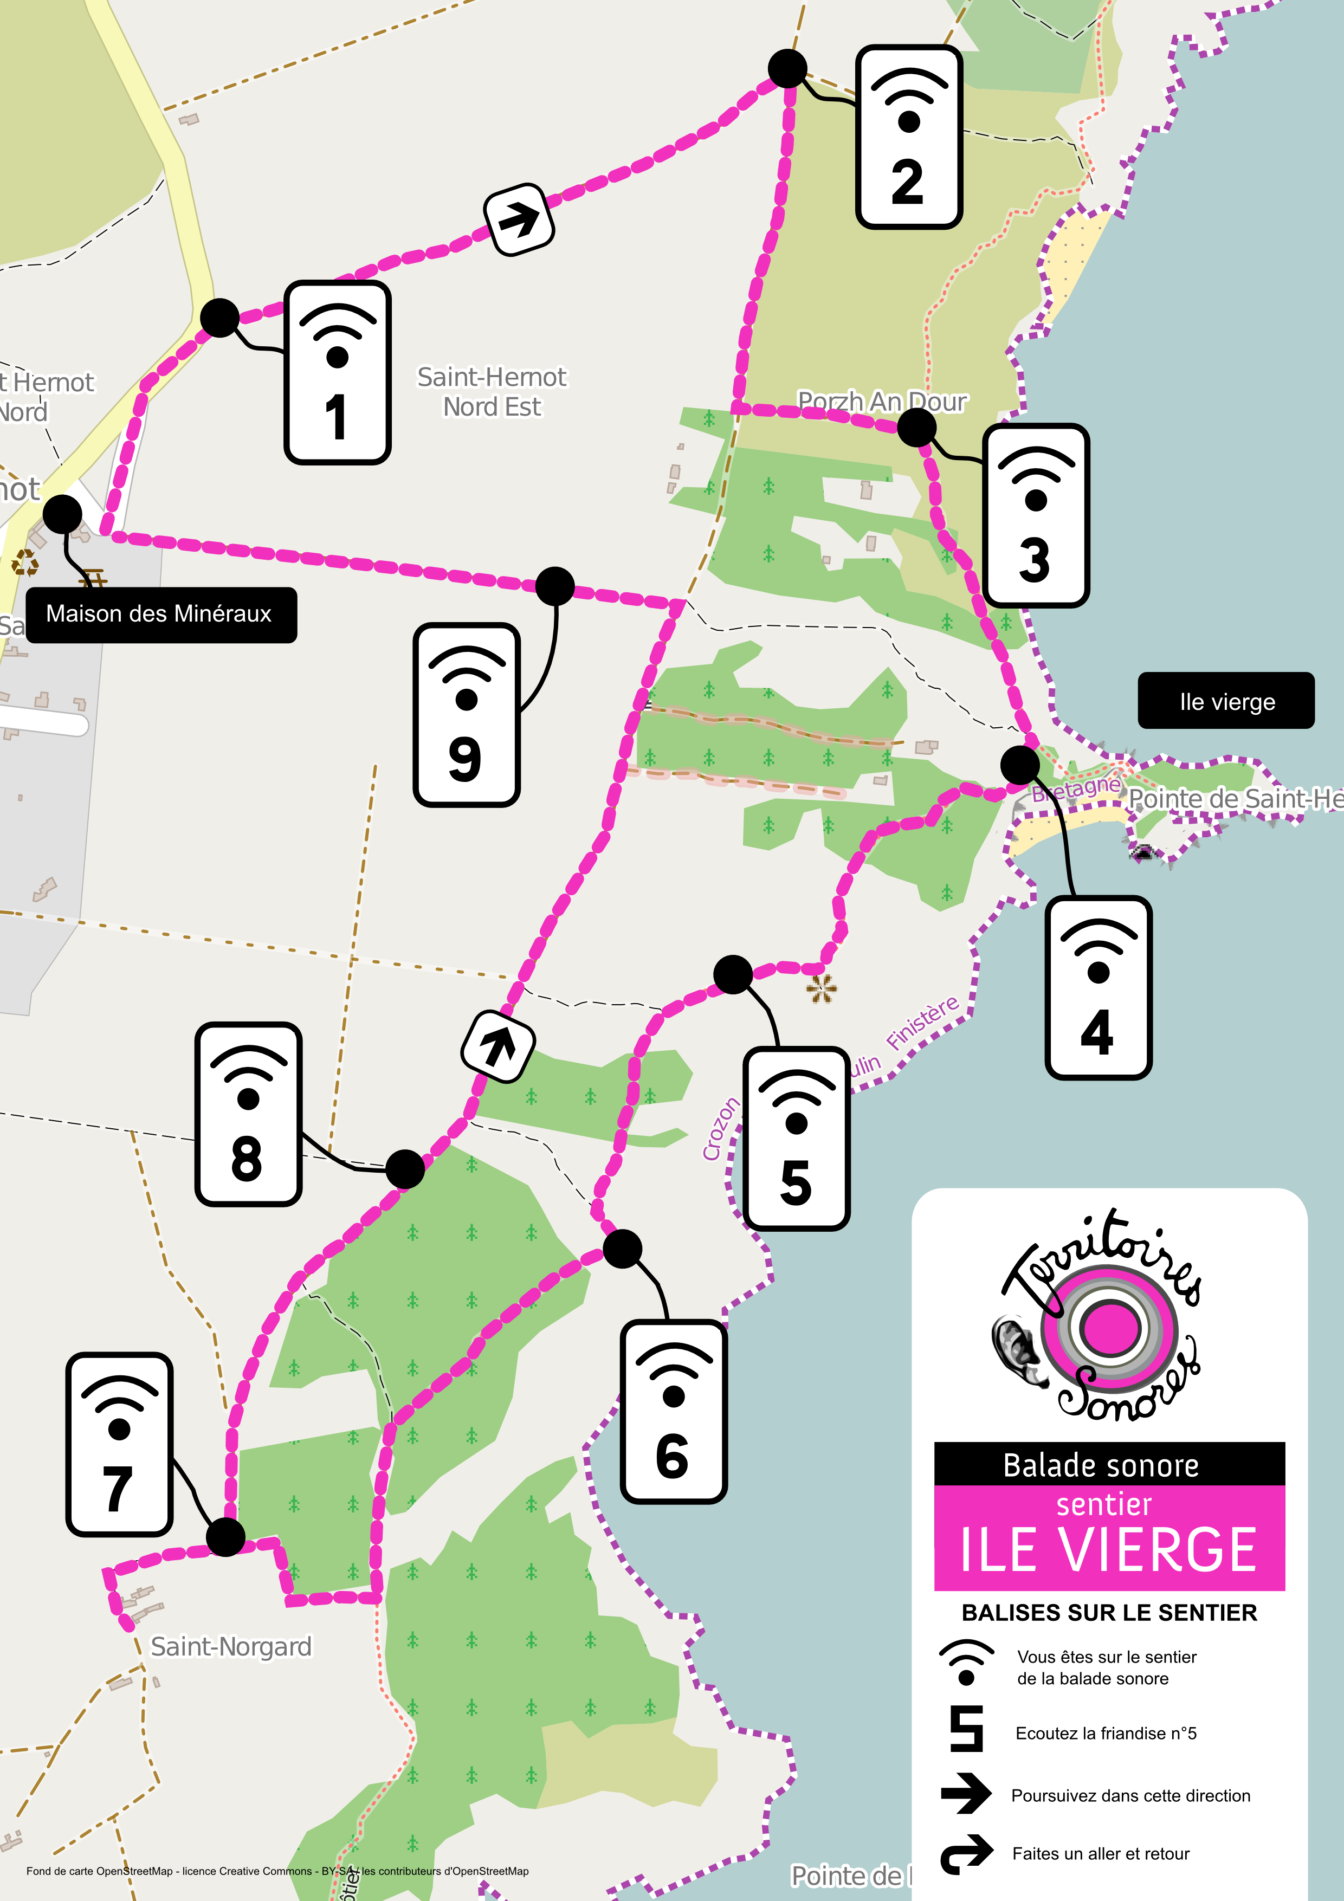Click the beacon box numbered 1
[337, 373]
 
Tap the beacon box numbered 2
[908, 137]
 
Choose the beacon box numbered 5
[796, 1139]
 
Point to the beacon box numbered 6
[673, 1412]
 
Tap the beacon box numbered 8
[248, 1114]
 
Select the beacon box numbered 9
[466, 715]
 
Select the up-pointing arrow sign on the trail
[497, 1046]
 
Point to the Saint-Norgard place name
[231, 1646]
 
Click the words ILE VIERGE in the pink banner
[1108, 1550]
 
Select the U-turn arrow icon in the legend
[966, 1853]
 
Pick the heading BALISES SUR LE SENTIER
[1109, 1612]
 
